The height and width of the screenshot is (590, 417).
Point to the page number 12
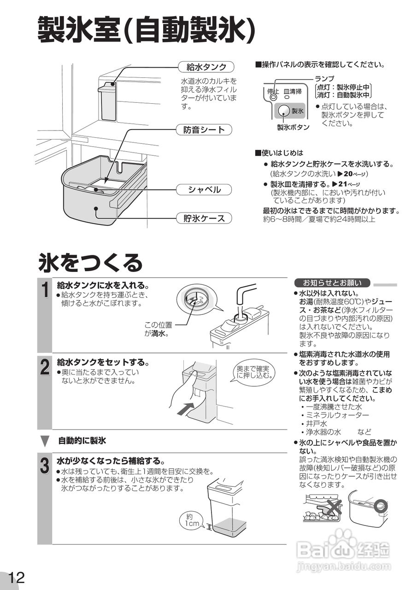click(16, 577)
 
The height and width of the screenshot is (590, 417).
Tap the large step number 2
click(44, 368)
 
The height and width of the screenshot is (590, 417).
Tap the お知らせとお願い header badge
click(332, 283)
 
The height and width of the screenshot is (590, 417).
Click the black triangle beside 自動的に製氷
click(45, 441)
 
